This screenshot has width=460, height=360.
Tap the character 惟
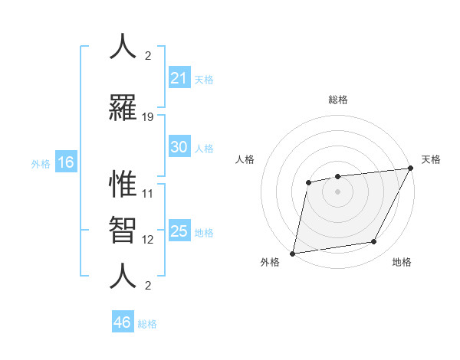coord(123,184)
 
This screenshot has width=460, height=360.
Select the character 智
coord(123,227)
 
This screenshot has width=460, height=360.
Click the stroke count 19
coord(148,117)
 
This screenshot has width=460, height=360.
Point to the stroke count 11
coord(148,194)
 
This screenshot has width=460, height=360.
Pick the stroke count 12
coord(148,240)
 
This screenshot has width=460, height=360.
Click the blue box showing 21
coord(179,78)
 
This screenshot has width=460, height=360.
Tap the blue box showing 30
coord(179,147)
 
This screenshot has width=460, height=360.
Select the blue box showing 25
coord(179,231)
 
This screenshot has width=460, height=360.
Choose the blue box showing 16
coord(65,162)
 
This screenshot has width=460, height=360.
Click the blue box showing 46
coord(122,322)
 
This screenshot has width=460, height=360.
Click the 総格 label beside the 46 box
coord(147,324)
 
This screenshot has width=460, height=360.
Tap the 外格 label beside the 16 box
coord(40,164)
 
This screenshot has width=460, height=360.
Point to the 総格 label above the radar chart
coord(337,100)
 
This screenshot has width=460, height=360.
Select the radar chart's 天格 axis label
coord(431,159)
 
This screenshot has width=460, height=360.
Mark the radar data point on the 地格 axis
coord(374,242)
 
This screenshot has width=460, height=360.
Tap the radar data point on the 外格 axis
coord(292,254)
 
